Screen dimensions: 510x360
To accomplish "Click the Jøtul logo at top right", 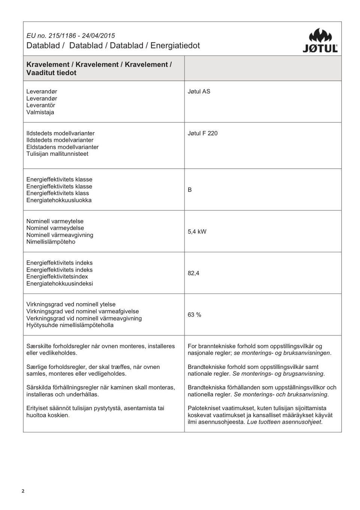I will (x=320, y=41).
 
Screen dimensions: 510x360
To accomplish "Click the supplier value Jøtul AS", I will (x=199, y=92).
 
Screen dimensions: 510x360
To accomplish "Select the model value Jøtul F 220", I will (x=202, y=133).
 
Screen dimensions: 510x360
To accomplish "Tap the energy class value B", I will (x=190, y=190).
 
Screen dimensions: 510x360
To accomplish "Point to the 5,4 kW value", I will (x=197, y=232).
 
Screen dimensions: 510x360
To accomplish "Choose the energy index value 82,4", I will (x=193, y=273).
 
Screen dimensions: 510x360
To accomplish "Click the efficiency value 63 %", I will (x=194, y=315).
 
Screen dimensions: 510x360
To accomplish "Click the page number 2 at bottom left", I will (x=23, y=491).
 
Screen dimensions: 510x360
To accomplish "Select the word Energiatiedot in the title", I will (x=175, y=46).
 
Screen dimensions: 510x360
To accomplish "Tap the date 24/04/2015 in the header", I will (x=98, y=36).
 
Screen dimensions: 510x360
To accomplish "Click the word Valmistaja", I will (x=40, y=112).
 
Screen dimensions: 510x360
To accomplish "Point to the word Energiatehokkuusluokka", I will (x=59, y=200).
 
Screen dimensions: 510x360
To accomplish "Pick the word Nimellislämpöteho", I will (x=51, y=242).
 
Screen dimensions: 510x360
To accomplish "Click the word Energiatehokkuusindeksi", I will (x=60, y=284).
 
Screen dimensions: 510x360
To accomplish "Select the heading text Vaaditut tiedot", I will (x=51, y=73).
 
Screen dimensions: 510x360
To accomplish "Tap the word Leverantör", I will (x=40, y=105).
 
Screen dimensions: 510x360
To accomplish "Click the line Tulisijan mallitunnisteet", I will (x=57, y=154).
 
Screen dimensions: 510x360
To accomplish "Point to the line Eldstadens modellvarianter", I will (x=62, y=147).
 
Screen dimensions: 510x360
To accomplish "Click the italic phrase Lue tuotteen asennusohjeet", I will (x=285, y=422).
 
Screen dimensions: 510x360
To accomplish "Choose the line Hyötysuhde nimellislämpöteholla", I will (x=70, y=325).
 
